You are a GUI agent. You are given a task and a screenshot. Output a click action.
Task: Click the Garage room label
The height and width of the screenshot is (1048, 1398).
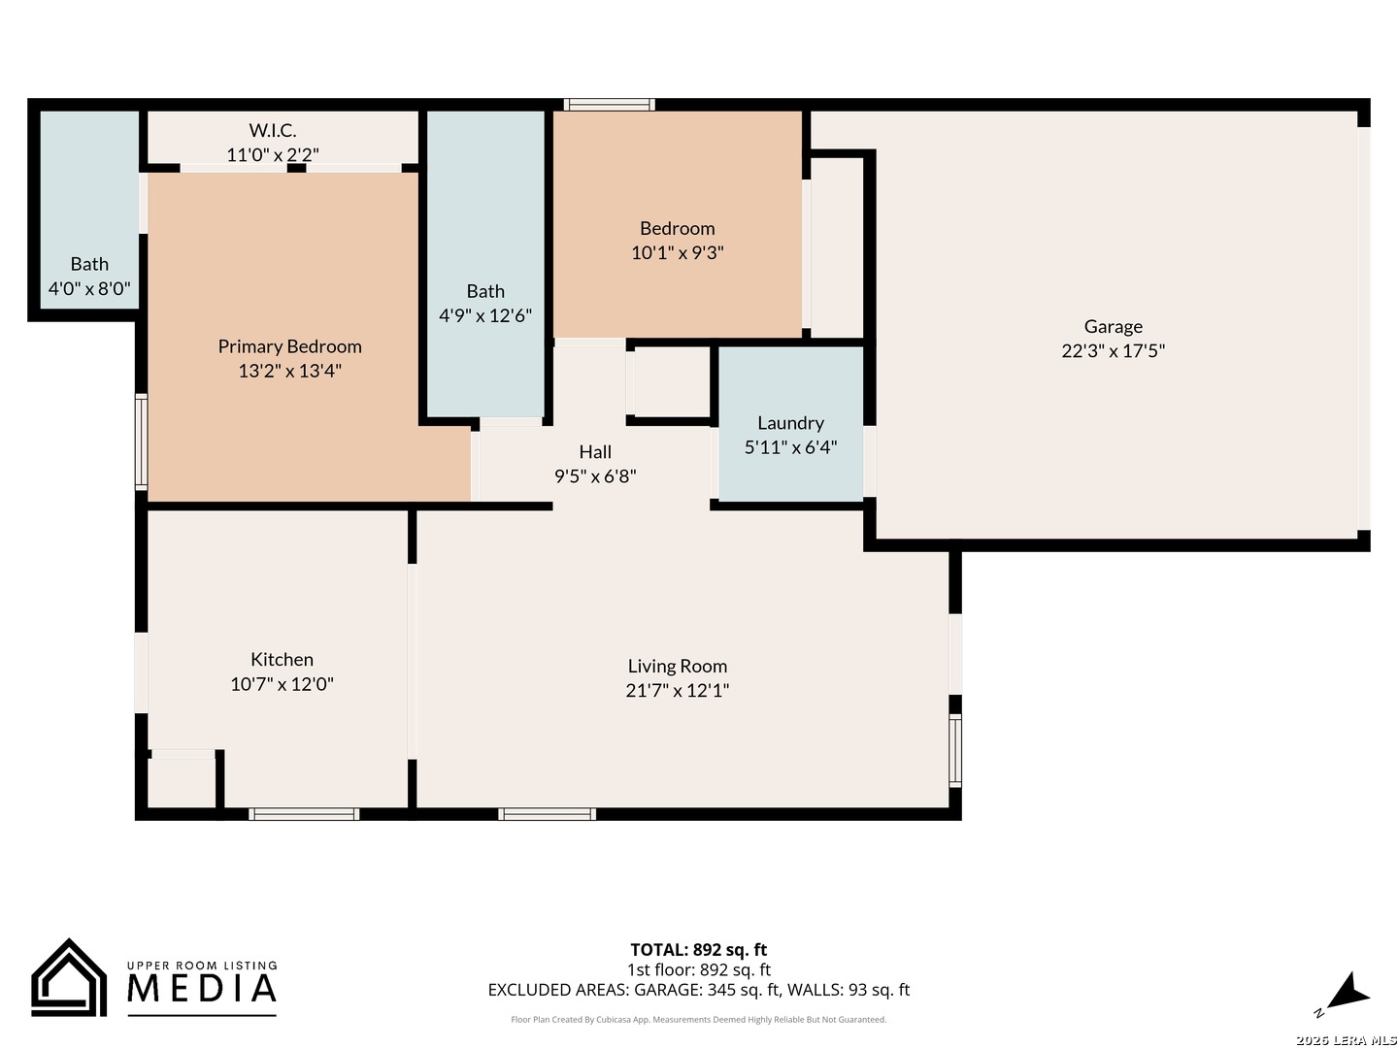pos(1112,326)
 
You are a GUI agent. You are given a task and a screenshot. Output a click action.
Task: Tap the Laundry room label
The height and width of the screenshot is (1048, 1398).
pos(789,422)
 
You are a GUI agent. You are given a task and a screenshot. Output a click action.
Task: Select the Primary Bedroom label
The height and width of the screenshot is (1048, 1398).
pos(289,346)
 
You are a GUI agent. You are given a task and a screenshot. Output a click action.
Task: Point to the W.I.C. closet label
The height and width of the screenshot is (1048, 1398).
pos(272,130)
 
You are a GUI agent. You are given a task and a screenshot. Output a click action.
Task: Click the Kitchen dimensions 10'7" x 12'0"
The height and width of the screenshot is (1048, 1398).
pos(282,683)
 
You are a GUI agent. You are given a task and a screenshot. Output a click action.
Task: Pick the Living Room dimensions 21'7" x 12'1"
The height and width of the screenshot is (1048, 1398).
pos(677,690)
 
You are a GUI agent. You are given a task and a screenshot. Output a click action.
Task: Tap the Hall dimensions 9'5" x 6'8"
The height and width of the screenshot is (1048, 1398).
pos(595,475)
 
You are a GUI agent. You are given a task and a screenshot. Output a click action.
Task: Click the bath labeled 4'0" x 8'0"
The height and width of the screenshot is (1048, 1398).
pos(89,277)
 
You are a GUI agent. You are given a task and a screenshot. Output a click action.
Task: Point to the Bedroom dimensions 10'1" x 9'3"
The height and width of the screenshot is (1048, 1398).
pos(677,252)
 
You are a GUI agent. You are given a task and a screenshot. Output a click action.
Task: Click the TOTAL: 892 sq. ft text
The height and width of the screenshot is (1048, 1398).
pos(698,949)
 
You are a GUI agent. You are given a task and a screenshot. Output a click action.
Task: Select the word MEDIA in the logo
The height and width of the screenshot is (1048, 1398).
pos(201,988)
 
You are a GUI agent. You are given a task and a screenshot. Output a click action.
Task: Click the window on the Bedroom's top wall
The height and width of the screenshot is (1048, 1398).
pos(609,105)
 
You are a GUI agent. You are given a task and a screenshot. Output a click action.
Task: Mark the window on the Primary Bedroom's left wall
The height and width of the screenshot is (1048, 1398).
pos(142,442)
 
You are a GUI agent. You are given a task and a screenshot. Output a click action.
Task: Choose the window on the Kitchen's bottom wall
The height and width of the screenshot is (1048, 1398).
pos(303,814)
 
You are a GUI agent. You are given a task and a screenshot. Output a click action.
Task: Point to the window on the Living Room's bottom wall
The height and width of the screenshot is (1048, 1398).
pos(547,814)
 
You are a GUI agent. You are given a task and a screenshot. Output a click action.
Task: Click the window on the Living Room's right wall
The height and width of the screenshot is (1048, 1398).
pos(954,751)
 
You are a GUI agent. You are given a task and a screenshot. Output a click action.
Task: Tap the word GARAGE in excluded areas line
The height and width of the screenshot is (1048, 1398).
pos(674,990)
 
